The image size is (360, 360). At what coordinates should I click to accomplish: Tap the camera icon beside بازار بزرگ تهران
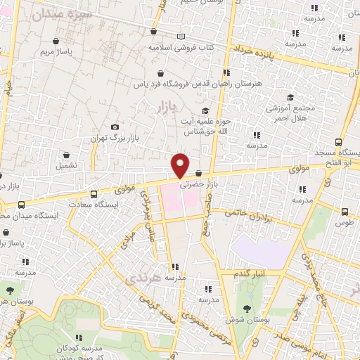pyautogui.click(x=115, y=127)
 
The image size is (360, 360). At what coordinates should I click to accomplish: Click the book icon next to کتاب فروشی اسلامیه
pyautogui.click(x=182, y=37)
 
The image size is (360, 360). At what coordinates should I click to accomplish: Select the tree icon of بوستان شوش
pyautogui.click(x=246, y=307)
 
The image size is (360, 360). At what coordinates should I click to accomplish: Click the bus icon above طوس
pyautogui.click(x=345, y=211)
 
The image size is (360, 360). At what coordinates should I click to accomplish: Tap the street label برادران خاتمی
pyautogui.click(x=252, y=214)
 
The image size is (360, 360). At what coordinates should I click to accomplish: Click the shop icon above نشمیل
pyautogui.click(x=67, y=155)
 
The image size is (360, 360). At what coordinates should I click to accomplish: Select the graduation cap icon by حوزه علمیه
pyautogui.click(x=205, y=110)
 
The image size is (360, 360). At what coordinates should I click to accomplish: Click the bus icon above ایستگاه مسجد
pyautogui.click(x=339, y=141)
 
